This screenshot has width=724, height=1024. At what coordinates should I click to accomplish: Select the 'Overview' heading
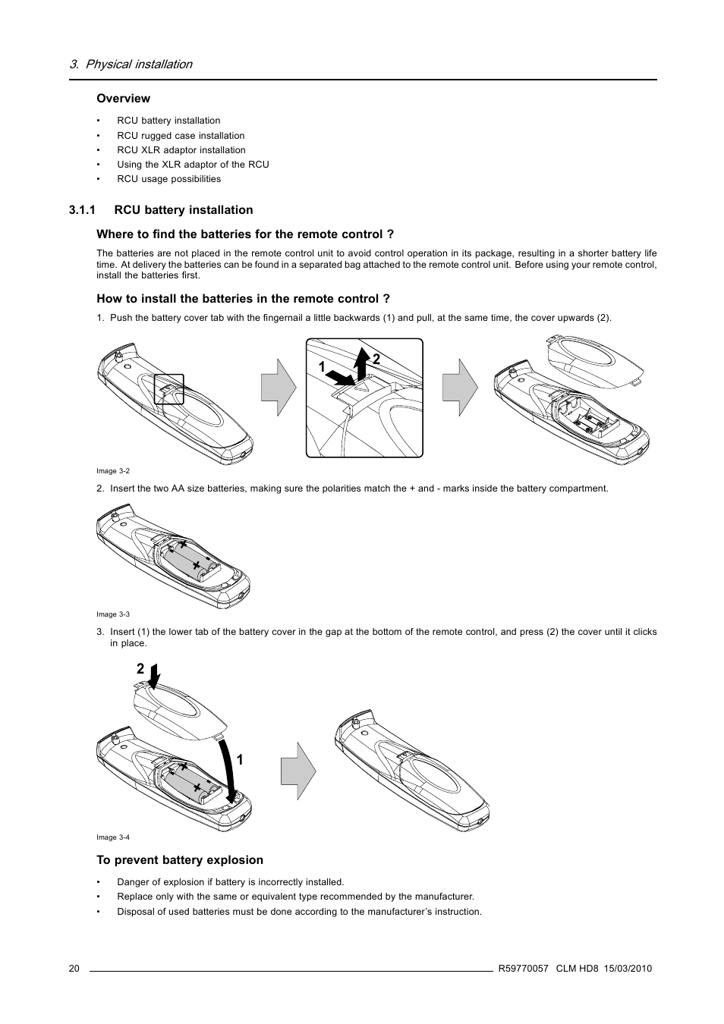tap(123, 99)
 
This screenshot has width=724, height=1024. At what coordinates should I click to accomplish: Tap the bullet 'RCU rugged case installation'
tap(181, 136)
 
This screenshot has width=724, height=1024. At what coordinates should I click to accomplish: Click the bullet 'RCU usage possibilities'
tap(168, 179)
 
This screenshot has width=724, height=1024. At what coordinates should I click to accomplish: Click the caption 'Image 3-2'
tap(113, 471)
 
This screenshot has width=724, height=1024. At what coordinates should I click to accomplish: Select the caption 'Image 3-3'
tap(113, 614)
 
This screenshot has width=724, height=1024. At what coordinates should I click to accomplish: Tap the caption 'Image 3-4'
tap(113, 837)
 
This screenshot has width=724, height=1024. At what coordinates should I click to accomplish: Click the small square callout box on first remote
tap(168, 389)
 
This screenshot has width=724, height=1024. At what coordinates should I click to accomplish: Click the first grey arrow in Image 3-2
tap(278, 387)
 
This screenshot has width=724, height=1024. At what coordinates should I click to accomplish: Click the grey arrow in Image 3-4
tap(297, 771)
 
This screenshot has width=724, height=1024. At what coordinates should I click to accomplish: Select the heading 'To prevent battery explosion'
tap(180, 860)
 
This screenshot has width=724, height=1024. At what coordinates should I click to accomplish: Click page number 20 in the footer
tap(74, 969)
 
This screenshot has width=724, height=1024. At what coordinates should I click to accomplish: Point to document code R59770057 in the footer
tap(523, 969)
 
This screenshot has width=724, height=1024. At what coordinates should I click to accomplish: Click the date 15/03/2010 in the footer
tap(628, 969)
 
